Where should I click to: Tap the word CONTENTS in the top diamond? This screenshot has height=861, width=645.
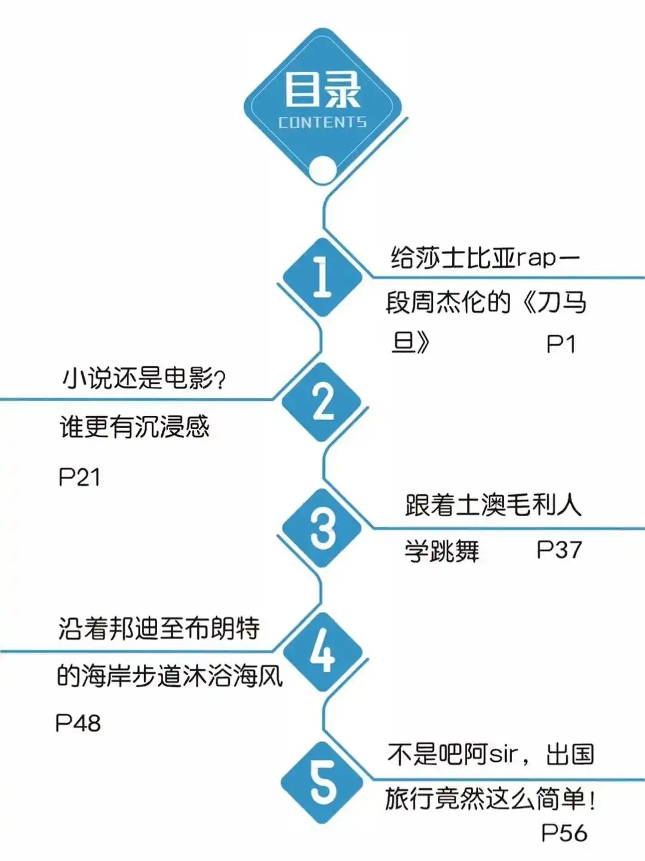pos(322,122)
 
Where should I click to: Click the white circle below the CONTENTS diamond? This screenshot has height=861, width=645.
pos(322,170)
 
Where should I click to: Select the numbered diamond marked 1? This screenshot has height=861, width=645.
pos(322,277)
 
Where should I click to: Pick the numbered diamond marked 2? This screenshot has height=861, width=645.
pos(322,402)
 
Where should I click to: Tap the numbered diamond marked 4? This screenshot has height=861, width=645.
pos(322,652)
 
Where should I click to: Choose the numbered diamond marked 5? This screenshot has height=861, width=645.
pos(322,782)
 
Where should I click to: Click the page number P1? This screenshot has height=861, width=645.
pos(561,345)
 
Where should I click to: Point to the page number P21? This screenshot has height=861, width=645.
pos(79,477)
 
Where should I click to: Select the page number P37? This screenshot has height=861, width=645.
pos(559,550)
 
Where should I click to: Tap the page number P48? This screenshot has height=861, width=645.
pos(78,723)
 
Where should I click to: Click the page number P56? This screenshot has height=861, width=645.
pos(564,833)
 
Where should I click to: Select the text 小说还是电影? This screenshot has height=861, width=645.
pos(137,378)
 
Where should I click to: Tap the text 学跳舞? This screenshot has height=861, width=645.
pos(442,550)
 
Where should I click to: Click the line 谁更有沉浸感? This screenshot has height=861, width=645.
pos(135,427)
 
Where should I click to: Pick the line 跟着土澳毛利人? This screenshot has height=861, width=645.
pos(493,505)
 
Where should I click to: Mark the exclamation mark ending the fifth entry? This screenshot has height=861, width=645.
pos(592,799)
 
